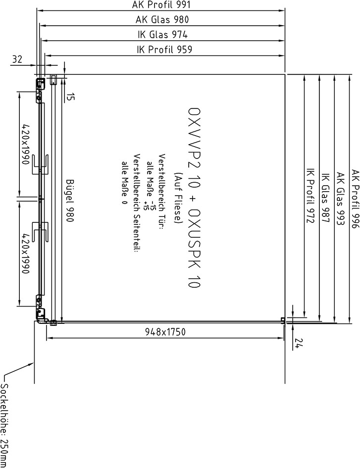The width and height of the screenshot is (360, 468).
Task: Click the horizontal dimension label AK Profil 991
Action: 161,5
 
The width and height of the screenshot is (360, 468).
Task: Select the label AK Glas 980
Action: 162,20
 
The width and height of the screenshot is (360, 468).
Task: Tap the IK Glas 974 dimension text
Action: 162,35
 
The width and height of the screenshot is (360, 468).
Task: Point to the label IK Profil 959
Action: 164,49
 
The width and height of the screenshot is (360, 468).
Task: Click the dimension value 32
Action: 17,59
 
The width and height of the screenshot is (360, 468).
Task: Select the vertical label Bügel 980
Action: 70,201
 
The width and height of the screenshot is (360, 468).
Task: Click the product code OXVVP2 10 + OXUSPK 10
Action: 194,198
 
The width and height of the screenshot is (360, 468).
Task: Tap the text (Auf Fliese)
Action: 178,198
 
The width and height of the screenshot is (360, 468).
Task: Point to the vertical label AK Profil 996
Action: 355,199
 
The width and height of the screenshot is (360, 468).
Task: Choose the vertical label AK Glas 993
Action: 340,199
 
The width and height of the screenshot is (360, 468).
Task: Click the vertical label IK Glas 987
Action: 325,198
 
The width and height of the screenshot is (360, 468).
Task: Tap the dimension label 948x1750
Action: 165,332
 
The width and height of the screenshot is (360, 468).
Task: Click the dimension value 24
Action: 299,343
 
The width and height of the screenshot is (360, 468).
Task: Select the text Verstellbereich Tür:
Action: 162,192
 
